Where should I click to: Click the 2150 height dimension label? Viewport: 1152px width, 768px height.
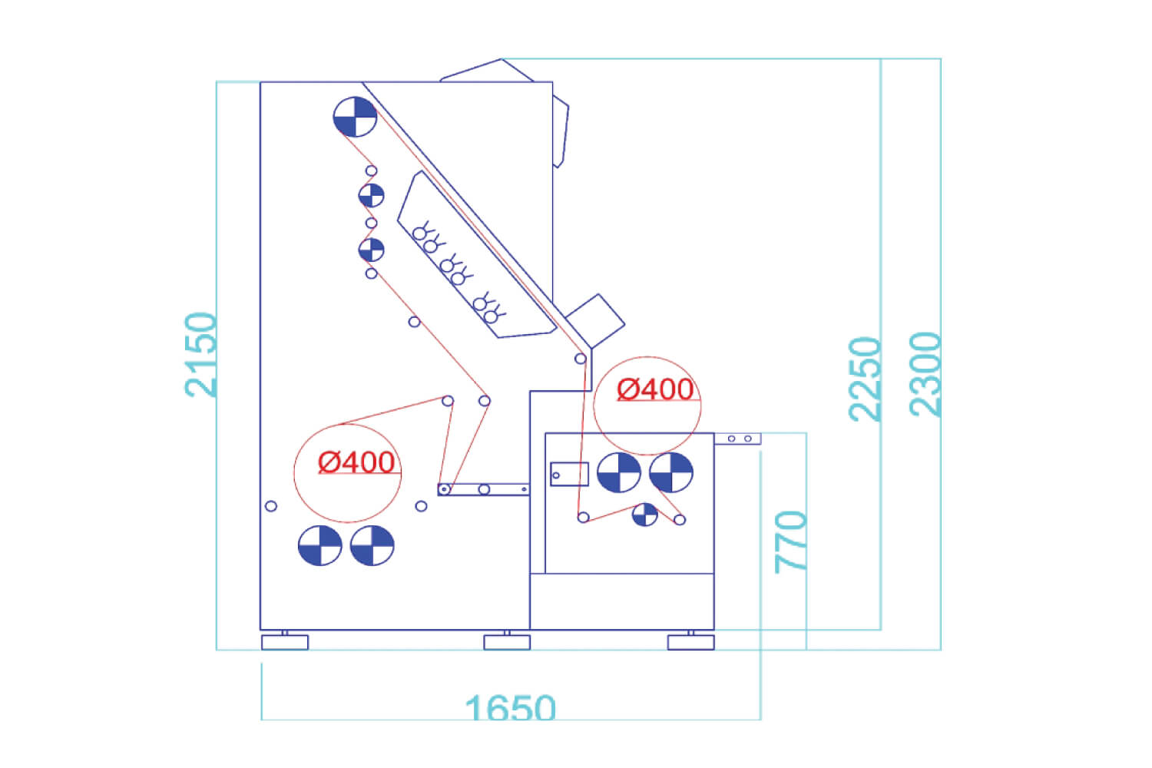(x=200, y=354)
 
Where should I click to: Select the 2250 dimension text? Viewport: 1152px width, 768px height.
(x=865, y=379)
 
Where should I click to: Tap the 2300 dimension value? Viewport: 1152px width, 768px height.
(x=925, y=375)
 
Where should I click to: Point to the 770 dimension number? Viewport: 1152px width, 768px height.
(x=790, y=542)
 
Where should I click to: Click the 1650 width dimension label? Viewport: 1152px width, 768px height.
(x=510, y=707)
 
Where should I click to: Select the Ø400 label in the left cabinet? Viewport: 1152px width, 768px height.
(x=356, y=462)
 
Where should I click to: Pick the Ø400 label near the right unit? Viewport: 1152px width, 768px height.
(x=655, y=389)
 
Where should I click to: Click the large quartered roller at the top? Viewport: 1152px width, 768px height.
(x=355, y=117)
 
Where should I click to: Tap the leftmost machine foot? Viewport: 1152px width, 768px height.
(x=285, y=642)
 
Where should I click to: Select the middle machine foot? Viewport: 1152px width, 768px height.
(x=507, y=642)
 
